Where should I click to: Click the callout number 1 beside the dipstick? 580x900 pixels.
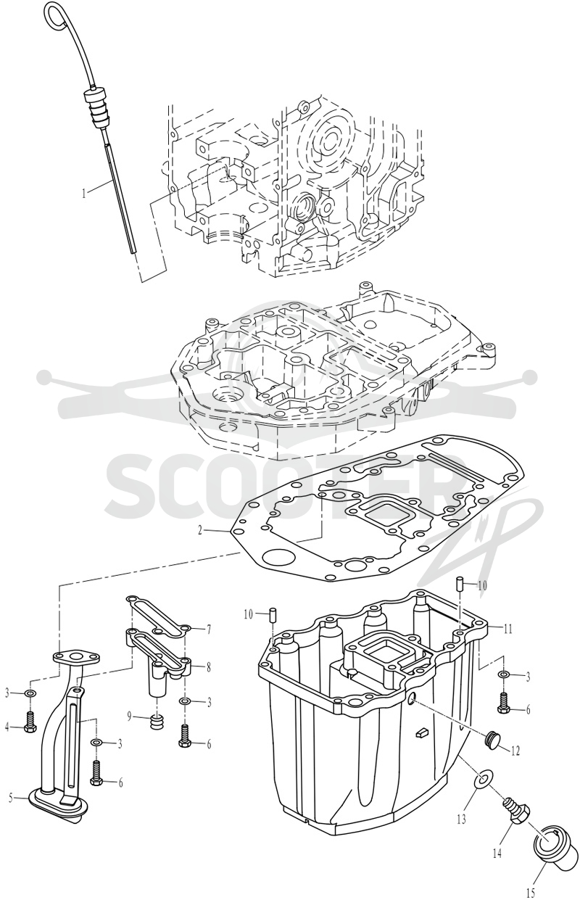coord(83,194)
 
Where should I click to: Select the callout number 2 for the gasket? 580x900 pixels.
coord(200,530)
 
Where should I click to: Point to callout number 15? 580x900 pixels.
coord(530,893)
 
